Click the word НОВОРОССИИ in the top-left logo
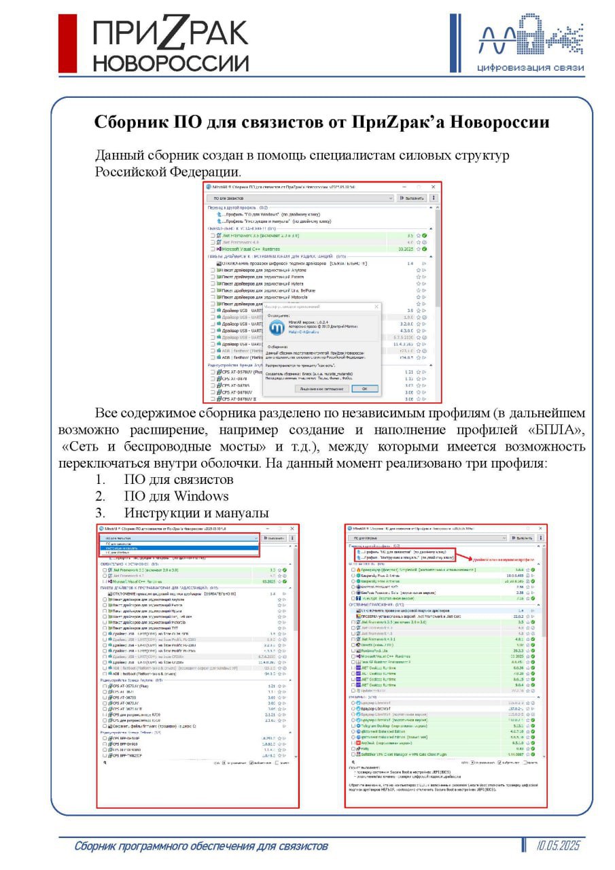(171, 64)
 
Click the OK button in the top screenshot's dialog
(364, 389)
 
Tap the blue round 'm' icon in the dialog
(276, 328)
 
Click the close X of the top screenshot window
(434, 186)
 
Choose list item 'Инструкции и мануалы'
(196, 512)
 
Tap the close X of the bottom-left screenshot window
(293, 528)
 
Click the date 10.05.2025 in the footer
(558, 846)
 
